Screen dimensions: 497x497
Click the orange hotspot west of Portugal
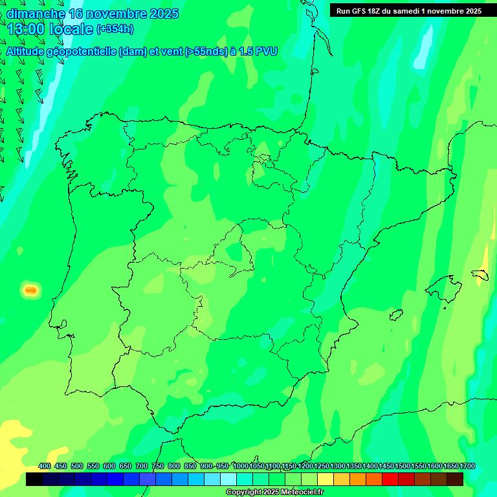coord(30,291)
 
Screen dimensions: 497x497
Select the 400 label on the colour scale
coord(45,466)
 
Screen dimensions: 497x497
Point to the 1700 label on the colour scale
coord(467,466)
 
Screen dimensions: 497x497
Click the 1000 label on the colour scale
coord(241,466)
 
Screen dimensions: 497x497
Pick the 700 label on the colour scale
coord(142,466)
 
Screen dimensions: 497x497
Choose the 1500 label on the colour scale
coord(403,466)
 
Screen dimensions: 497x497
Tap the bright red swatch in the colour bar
coord(390,479)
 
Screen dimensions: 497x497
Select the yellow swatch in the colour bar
coord(326,479)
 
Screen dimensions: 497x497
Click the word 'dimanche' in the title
coord(36,14)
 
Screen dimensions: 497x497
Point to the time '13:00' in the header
coord(27,28)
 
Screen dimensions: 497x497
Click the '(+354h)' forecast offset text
coord(115,28)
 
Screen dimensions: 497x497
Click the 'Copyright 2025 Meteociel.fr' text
coord(275,492)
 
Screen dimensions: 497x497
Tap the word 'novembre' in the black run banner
coord(444,11)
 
